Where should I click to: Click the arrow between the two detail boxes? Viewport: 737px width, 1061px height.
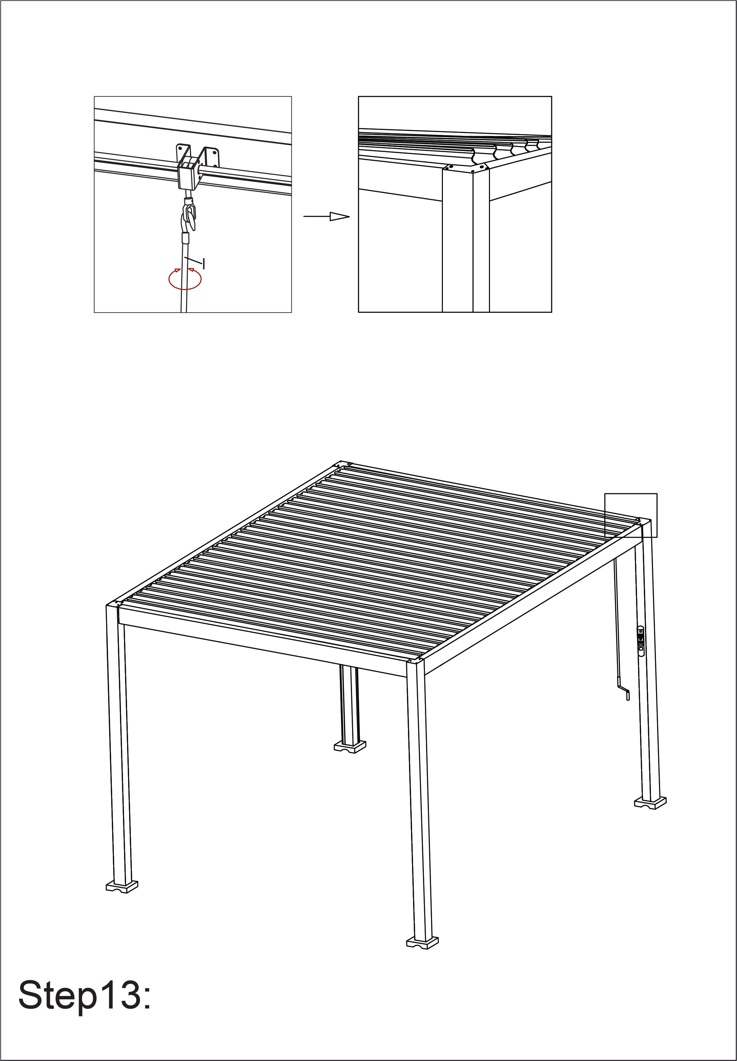click(326, 216)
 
